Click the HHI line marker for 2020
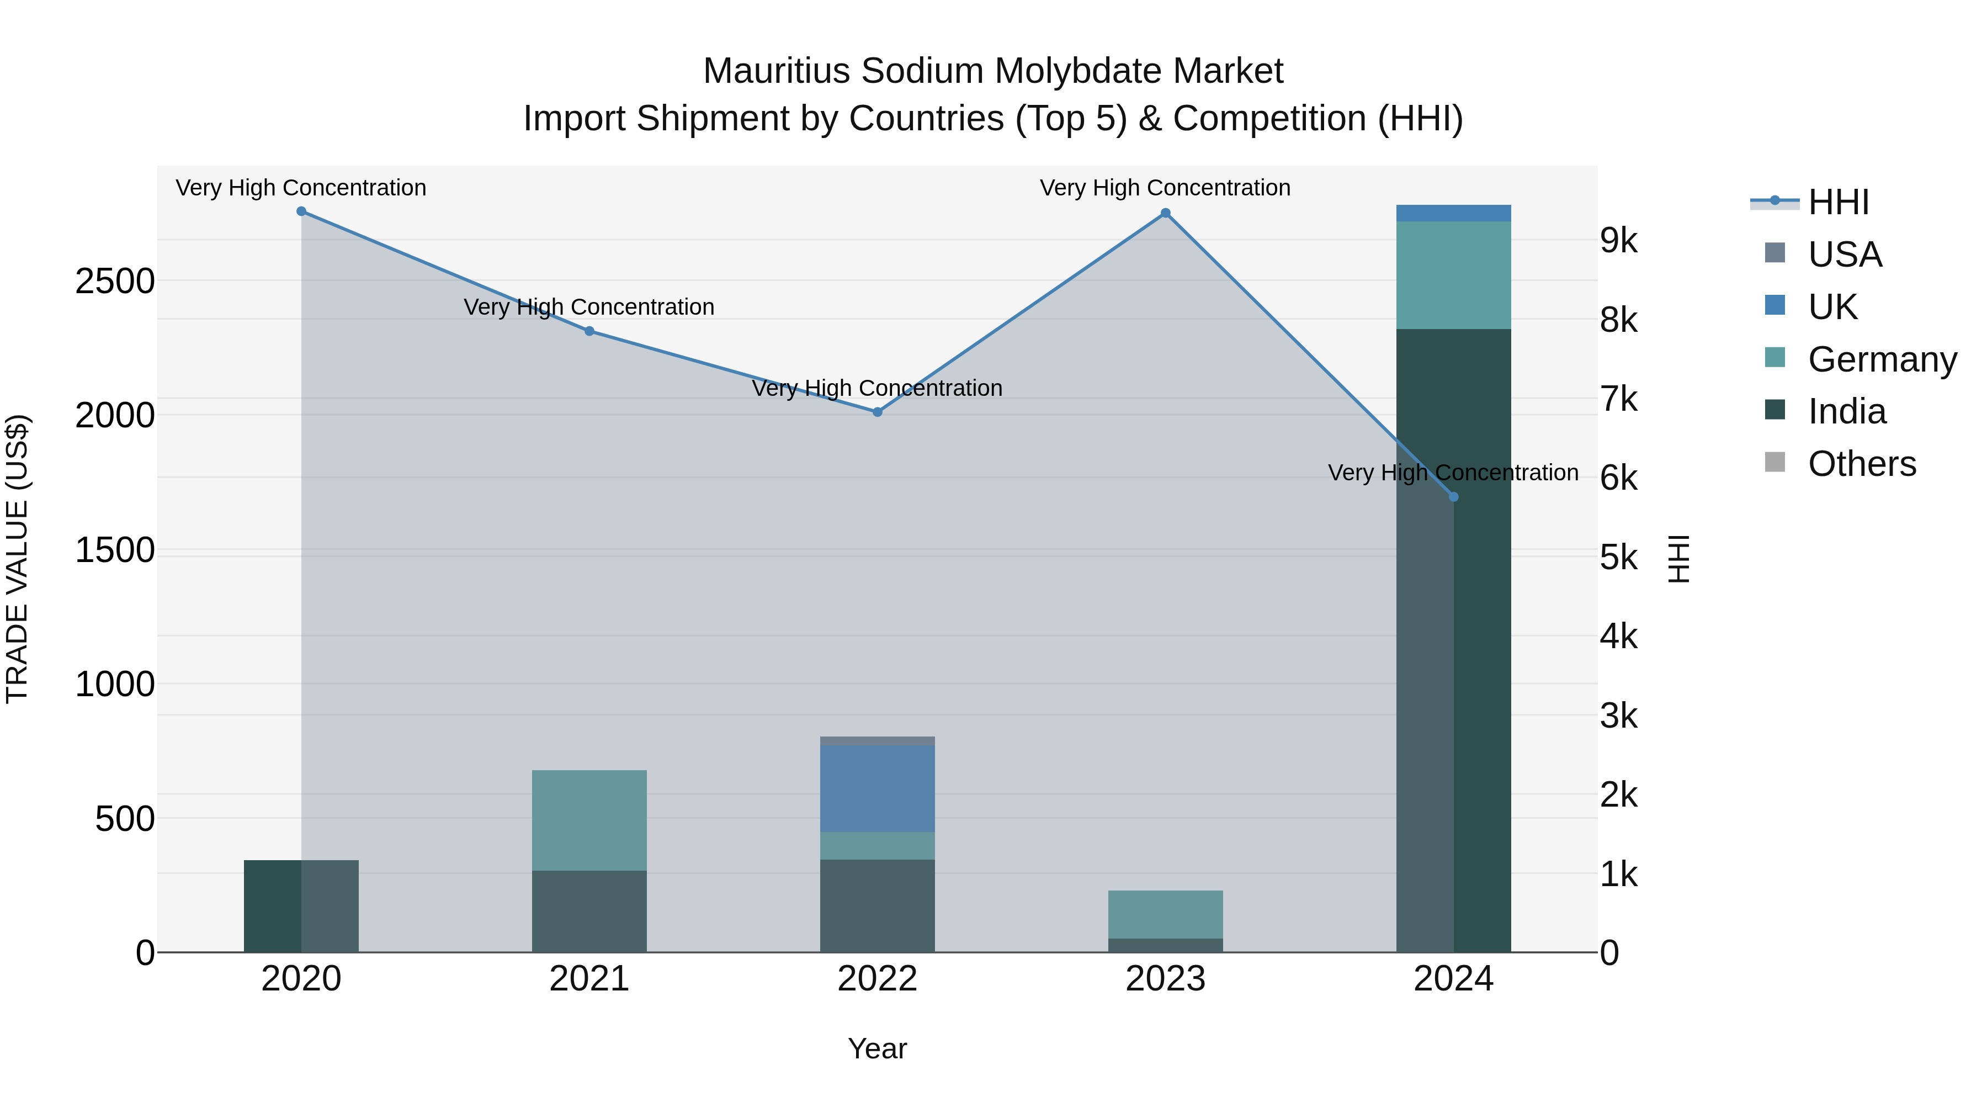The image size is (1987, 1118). [301, 211]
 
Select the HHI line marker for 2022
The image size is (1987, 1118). [877, 412]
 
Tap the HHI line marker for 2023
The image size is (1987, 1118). [1166, 213]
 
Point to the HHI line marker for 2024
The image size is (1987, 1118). [1453, 497]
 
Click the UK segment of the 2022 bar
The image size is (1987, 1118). [877, 788]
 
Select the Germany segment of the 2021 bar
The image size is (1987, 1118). [589, 820]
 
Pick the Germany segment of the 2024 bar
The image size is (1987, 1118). [1453, 275]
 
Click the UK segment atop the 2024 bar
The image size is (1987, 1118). [1453, 214]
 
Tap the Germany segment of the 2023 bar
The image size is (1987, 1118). [1166, 914]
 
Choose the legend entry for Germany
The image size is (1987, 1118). [1882, 359]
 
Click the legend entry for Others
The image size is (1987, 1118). [1861, 464]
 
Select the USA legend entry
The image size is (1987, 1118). [1844, 255]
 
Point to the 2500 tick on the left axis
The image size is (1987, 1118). [115, 282]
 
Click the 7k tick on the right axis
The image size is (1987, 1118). [1618, 400]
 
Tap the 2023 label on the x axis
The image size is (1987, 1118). [1166, 979]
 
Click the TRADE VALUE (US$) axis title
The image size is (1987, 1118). [18, 559]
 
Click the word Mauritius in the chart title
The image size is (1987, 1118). [777, 71]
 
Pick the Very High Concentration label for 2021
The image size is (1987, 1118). [589, 307]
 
